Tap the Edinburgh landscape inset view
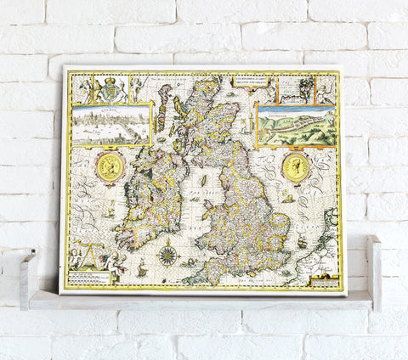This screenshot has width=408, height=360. [297, 126]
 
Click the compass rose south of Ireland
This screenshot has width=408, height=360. [167, 254]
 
